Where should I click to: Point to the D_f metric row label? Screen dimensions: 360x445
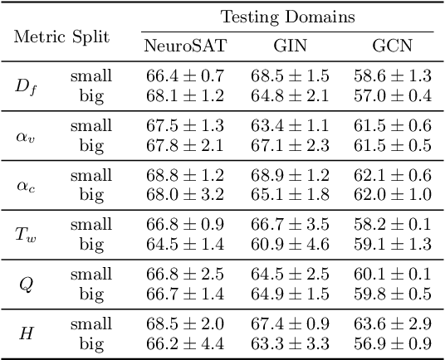tap(27, 85)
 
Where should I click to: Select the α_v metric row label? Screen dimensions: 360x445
tap(27, 134)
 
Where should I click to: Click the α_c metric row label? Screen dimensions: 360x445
tap(27, 184)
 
